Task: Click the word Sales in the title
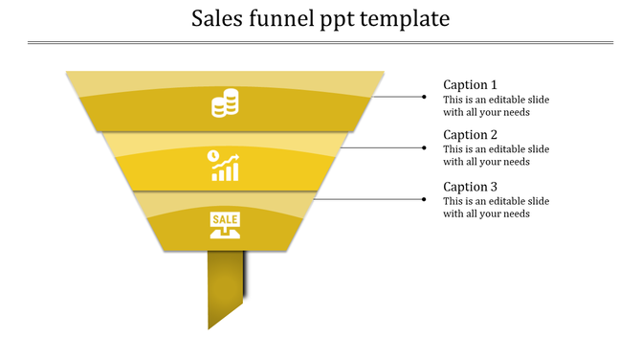[218, 18]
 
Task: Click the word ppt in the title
[340, 20]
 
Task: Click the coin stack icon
[225, 103]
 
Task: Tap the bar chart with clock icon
[225, 165]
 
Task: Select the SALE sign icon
[225, 225]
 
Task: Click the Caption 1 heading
[470, 84]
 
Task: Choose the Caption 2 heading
[470, 135]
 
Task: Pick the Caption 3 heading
[470, 187]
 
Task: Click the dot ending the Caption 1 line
[425, 97]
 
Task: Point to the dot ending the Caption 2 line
[425, 147]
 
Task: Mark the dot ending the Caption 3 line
[425, 199]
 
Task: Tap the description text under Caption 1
[496, 105]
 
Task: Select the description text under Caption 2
[496, 156]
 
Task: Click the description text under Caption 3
[496, 208]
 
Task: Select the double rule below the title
[320, 42]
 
